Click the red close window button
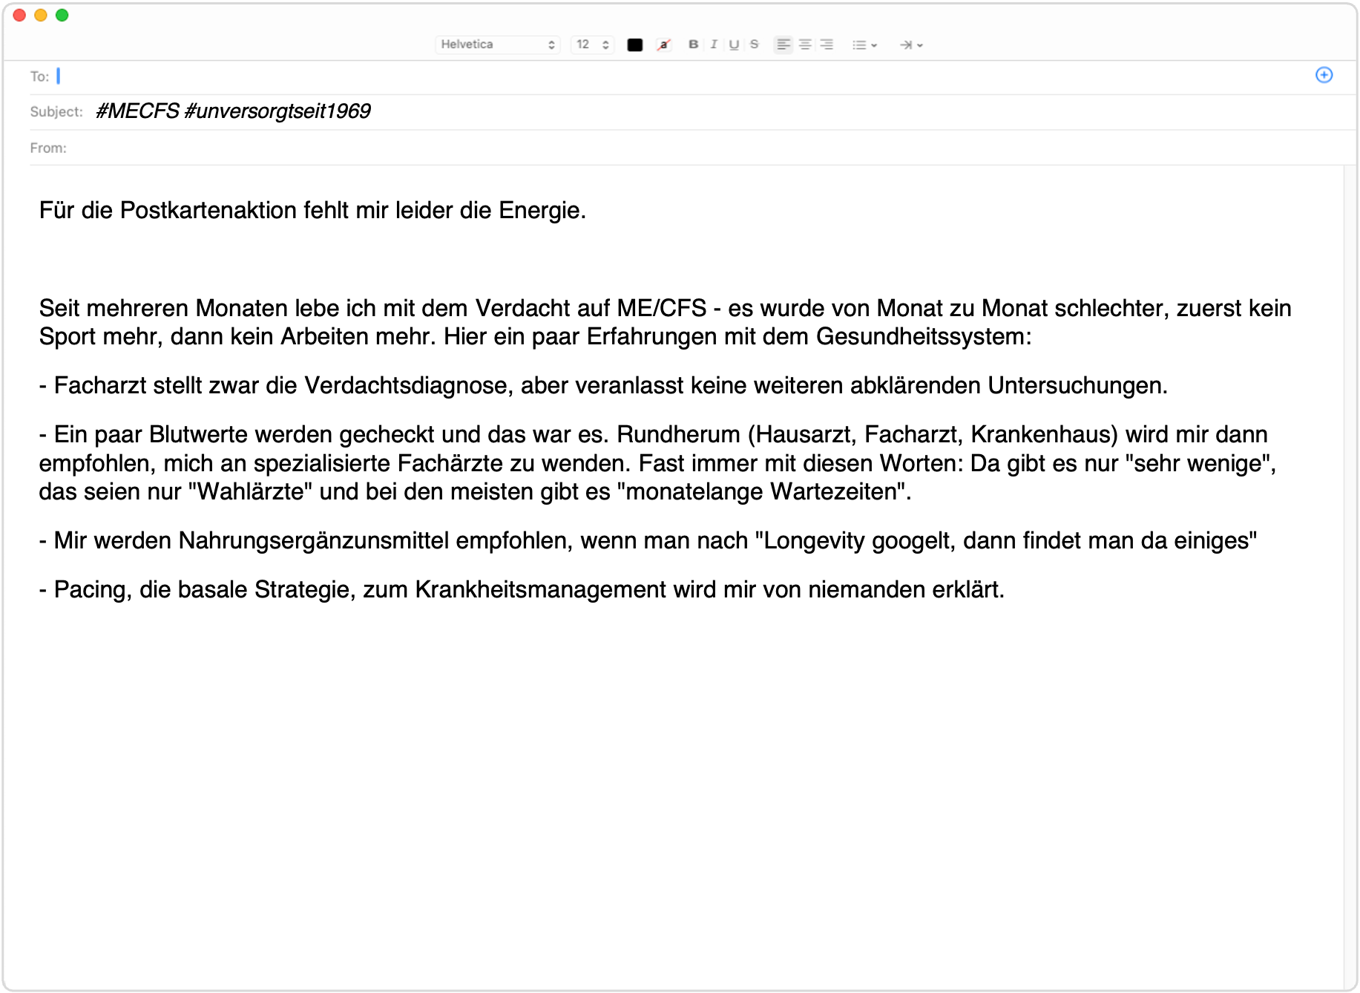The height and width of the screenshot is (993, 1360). tap(20, 16)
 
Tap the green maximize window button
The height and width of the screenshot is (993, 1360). tap(62, 16)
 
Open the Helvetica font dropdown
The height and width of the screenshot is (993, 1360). tap(497, 45)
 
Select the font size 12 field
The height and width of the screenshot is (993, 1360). tap(592, 45)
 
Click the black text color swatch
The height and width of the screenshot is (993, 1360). tap(635, 45)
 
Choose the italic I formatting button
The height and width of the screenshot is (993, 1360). tap(714, 45)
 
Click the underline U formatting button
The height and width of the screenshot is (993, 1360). tap(734, 45)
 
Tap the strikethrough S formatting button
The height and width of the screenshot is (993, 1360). tap(755, 45)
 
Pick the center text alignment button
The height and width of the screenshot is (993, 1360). tap(805, 45)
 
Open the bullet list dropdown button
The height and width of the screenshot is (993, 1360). tap(864, 45)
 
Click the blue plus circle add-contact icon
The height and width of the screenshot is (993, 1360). tap(1324, 75)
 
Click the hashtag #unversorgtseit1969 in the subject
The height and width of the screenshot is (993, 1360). tap(277, 111)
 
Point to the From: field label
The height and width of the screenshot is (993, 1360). tap(48, 148)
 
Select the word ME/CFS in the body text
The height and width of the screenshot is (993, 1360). tap(662, 308)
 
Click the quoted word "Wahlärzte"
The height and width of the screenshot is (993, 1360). tap(250, 492)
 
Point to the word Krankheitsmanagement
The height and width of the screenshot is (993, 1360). tap(541, 590)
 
